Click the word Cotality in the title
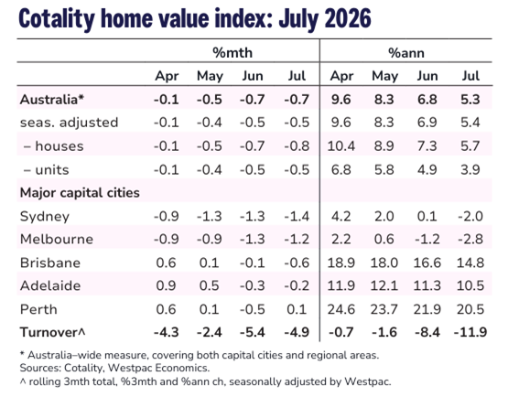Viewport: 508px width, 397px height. click(57, 18)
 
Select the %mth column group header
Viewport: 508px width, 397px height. click(232, 53)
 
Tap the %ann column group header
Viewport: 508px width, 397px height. click(406, 53)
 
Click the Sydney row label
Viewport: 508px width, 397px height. click(45, 217)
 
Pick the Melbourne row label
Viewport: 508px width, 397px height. click(57, 240)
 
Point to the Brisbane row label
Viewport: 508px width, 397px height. click(50, 263)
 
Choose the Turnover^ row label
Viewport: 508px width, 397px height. click(52, 332)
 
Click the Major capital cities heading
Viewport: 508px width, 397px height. click(80, 193)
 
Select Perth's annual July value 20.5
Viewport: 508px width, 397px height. click(470, 309)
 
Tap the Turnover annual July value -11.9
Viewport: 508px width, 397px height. click(470, 332)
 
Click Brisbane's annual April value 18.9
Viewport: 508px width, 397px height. click(341, 263)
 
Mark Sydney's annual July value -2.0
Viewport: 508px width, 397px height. click(470, 216)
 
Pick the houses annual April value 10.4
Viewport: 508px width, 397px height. click(341, 146)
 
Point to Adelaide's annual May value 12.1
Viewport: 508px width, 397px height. click(384, 285)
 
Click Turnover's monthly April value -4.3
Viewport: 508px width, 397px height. click(167, 332)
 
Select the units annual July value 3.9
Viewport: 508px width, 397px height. click(470, 169)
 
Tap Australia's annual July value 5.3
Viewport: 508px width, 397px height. click(470, 100)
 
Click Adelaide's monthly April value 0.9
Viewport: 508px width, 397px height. click(167, 285)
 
